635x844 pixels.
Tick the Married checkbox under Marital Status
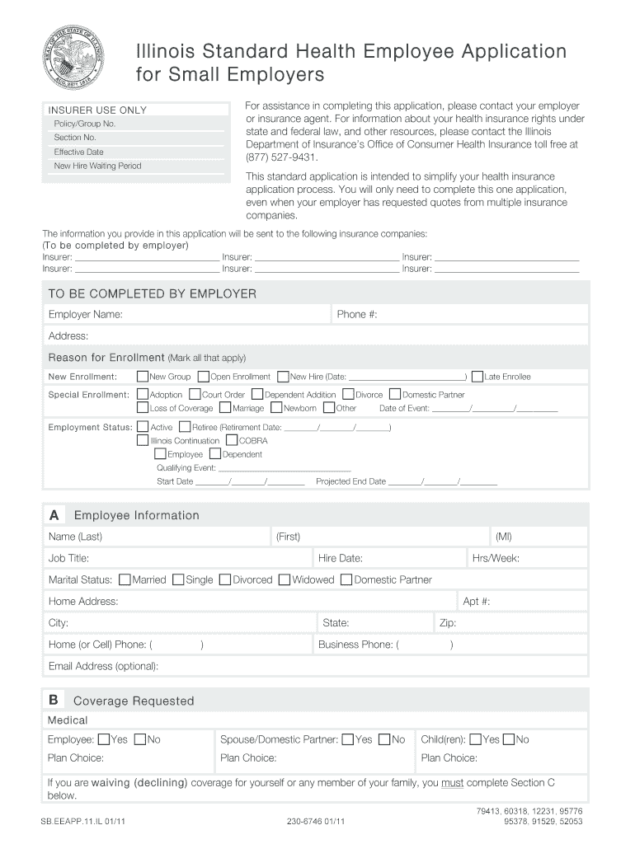[125, 579]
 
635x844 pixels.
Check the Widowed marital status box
[285, 579]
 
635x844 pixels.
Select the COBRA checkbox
[232, 440]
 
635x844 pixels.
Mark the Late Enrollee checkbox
[477, 377]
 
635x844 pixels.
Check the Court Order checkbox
[195, 395]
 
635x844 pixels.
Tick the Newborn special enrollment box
[276, 408]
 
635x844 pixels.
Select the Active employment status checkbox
[143, 427]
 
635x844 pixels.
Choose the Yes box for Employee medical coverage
[103, 739]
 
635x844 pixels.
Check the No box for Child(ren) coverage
[509, 739]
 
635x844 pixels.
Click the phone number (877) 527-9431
[281, 157]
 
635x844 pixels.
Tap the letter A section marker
[54, 515]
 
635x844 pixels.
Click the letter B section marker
[54, 701]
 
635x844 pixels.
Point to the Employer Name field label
[86, 315]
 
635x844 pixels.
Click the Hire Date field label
[340, 558]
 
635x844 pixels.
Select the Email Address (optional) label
[103, 666]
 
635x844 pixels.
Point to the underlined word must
[452, 783]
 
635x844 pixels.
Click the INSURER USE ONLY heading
[97, 110]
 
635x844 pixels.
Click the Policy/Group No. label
[85, 124]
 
